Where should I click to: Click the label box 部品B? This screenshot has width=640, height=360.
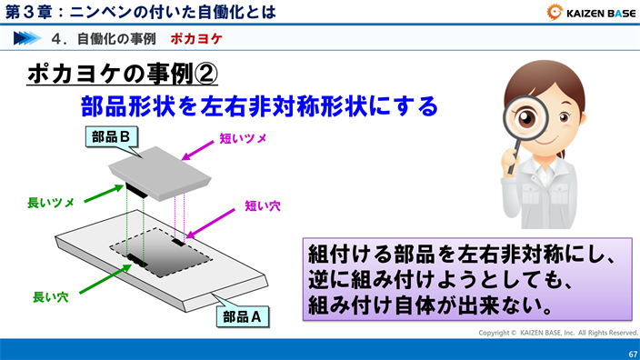[x=114, y=135]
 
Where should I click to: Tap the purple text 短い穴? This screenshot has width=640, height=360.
[x=263, y=206]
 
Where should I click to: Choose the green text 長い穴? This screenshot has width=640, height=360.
[x=51, y=296]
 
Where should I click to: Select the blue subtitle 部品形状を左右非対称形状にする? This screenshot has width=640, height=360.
[x=259, y=106]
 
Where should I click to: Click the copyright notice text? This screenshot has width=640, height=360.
[x=558, y=333]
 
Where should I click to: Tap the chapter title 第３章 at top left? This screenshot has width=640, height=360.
[x=27, y=12]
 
